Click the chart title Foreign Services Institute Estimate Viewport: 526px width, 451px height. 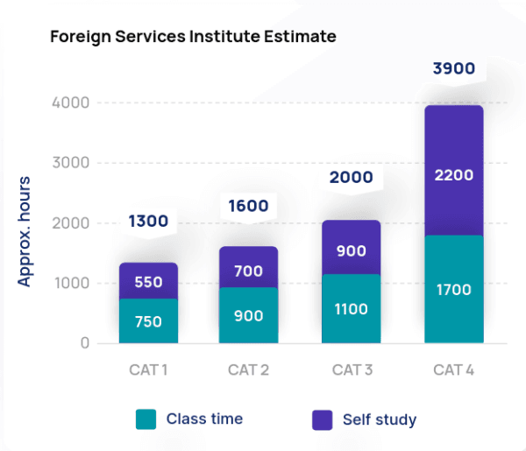tap(193, 38)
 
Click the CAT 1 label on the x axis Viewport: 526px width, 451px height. tap(148, 370)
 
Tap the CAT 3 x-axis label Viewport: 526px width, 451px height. tap(352, 370)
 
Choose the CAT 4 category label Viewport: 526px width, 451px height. tap(453, 370)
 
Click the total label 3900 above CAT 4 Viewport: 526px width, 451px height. tap(454, 67)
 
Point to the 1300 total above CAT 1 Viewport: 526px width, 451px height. tap(148, 222)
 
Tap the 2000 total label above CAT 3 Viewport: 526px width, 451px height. tap(351, 178)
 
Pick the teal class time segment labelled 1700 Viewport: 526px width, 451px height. tap(453, 289)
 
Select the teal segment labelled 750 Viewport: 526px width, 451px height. tap(148, 321)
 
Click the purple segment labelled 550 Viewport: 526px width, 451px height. tap(148, 281)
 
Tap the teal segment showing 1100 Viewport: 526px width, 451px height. tap(351, 309)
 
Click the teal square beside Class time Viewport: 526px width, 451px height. tap(146, 419)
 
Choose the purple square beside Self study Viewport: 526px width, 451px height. tap(323, 419)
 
